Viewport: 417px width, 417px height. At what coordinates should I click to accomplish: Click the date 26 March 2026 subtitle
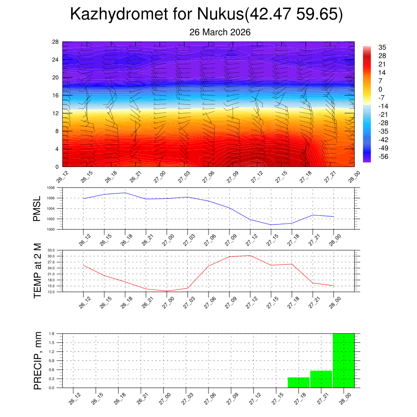pos(219,32)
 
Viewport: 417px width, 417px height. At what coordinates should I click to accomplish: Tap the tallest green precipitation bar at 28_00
pos(344,360)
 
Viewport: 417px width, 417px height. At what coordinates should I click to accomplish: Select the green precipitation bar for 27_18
pos(298,383)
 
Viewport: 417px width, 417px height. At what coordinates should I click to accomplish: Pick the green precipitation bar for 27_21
pos(321,379)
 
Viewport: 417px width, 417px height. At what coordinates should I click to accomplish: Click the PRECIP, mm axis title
pos(37,361)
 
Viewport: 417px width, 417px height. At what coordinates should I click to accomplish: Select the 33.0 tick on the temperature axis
pos(51,250)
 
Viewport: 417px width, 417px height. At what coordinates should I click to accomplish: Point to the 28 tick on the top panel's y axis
pos(56,42)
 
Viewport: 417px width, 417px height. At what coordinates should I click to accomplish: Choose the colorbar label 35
pos(382,47)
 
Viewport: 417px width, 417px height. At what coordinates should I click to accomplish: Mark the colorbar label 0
pos(380,90)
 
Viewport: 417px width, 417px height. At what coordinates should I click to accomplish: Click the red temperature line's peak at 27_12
pos(250,256)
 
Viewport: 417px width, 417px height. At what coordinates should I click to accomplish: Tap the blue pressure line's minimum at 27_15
pos(271,225)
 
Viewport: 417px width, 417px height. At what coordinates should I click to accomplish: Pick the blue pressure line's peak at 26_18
pos(125,193)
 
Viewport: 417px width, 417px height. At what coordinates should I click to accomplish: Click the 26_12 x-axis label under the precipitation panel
pos(74,399)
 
